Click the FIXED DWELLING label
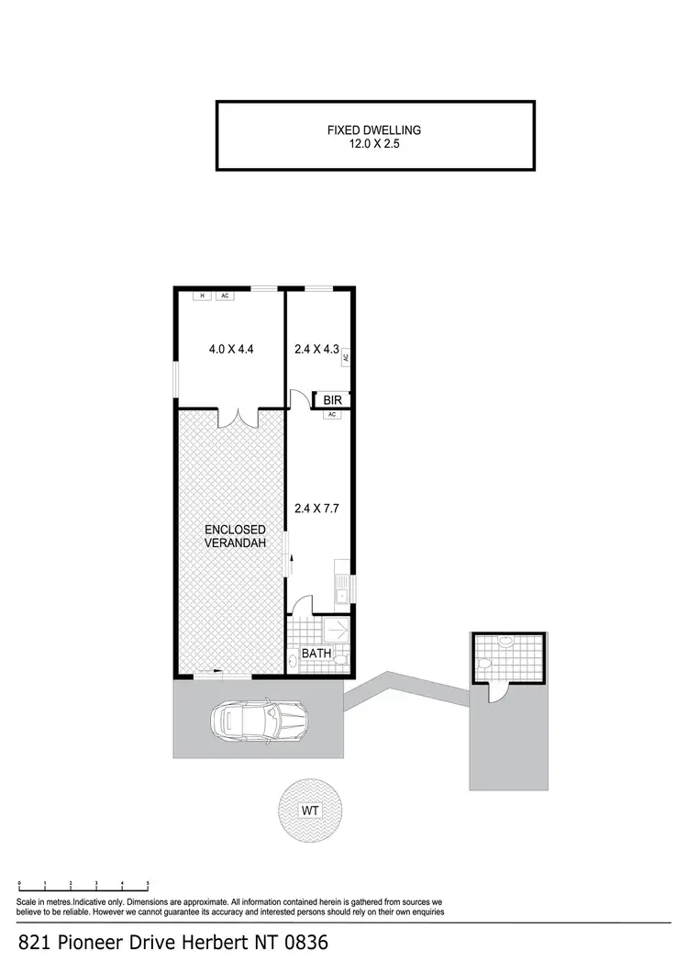coord(374,130)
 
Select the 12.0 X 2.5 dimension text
coord(374,144)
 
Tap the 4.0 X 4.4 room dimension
coord(230,349)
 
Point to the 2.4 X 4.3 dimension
coord(316,349)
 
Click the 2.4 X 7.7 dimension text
coord(316,507)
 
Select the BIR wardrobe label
coord(332,400)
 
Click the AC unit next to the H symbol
coord(224,296)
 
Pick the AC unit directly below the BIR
coord(332,415)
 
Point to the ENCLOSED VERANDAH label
coord(235,537)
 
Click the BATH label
coord(317,654)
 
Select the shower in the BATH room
coord(336,631)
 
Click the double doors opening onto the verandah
coord(239,418)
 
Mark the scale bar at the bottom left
coord(83,887)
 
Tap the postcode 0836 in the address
coord(303,943)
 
